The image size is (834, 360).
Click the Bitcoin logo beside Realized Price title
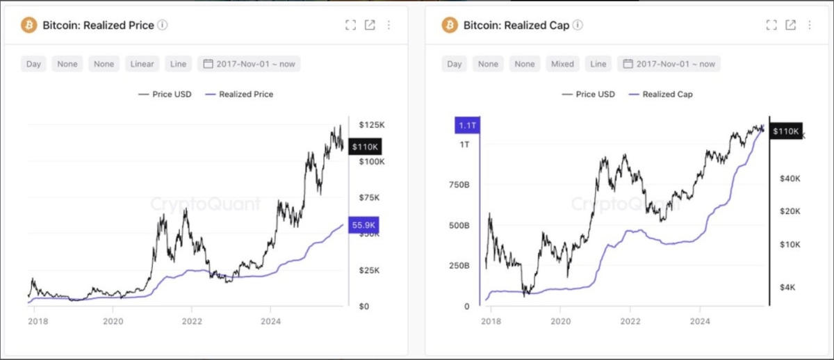29,25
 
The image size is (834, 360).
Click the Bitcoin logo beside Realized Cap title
450,25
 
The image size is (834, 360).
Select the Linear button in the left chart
142,64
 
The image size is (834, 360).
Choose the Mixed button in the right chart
562,64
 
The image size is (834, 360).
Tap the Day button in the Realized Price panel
33,64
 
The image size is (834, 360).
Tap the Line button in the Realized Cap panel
598,64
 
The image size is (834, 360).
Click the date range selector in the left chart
249,64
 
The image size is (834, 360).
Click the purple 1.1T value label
466,126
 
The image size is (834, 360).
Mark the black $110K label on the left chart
364,147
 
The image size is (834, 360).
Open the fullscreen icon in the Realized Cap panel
771,25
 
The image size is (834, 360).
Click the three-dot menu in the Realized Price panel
389,25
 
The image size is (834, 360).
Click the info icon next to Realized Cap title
578,25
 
